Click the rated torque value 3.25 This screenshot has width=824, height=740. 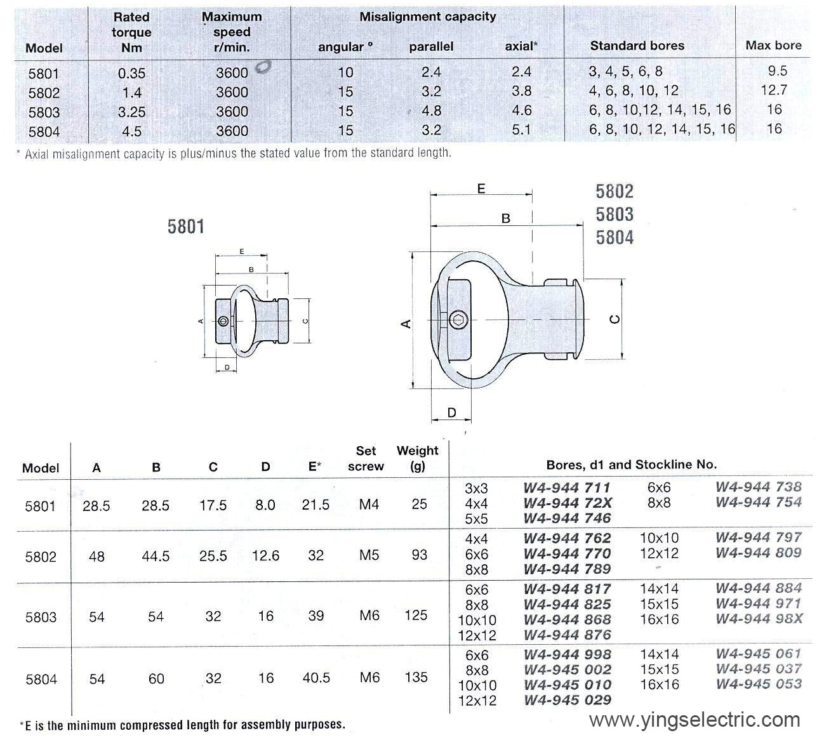[x=131, y=112]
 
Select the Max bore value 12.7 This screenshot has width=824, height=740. [x=773, y=90]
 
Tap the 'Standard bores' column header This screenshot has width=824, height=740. [x=637, y=46]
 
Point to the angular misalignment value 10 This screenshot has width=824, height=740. [x=345, y=72]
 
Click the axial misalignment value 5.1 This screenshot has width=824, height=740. [x=521, y=129]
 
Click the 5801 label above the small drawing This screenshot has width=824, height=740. [x=186, y=227]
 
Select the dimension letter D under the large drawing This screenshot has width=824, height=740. [x=451, y=413]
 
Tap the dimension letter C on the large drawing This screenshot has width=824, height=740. [x=615, y=319]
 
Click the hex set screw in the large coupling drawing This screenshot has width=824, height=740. [x=458, y=320]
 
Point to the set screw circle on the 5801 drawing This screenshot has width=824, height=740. [x=223, y=321]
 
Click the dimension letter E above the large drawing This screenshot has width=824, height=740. [x=481, y=188]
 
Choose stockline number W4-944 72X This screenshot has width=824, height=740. [x=567, y=503]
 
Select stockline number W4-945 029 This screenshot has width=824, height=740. [x=568, y=700]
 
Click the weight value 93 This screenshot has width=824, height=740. [x=419, y=555]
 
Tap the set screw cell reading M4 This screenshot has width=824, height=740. [x=369, y=505]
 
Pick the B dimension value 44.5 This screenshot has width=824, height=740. [x=156, y=556]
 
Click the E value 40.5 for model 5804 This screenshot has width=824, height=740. [x=316, y=678]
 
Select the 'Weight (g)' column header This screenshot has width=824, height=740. [x=417, y=458]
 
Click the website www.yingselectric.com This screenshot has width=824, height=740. [x=694, y=720]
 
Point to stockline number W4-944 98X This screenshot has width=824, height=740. [x=759, y=619]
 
